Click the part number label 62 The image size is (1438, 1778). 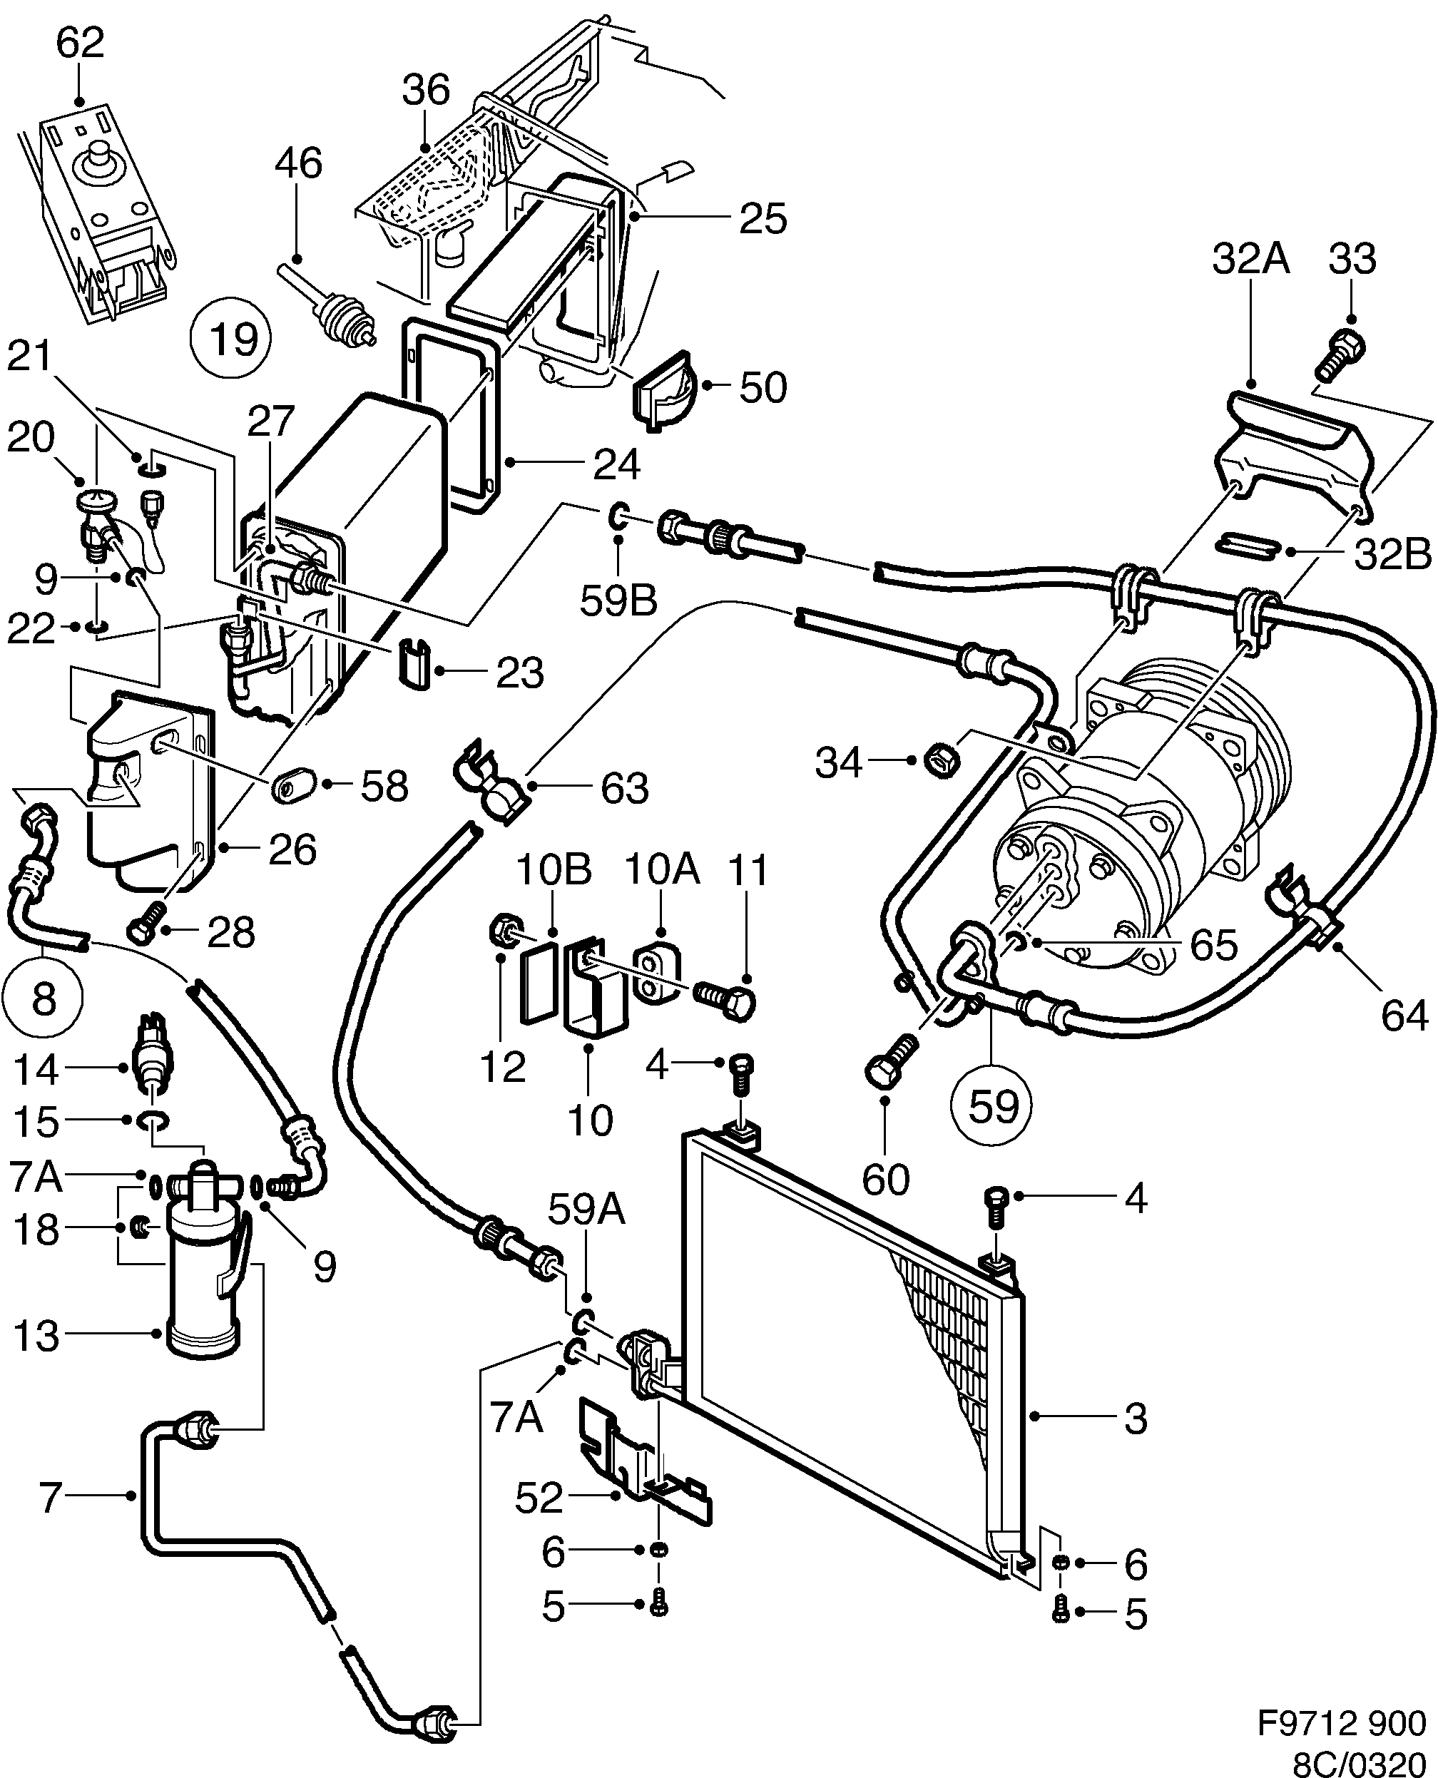81,43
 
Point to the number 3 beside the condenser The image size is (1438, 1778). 1136,1418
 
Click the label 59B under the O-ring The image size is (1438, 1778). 618,601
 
